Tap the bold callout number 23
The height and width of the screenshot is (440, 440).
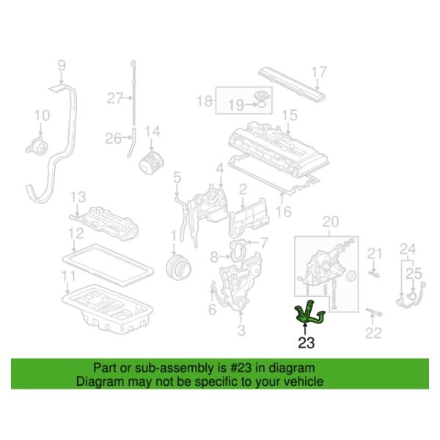coord(306,342)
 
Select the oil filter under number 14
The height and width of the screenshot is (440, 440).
coord(151,163)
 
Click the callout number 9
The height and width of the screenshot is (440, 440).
coord(62,66)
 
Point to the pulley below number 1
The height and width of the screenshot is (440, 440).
coord(178,267)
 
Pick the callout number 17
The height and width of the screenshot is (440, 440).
coord(319,72)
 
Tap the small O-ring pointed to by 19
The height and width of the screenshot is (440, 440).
coord(262,104)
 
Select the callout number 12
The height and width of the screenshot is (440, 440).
coord(76,233)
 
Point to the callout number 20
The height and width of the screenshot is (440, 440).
coord(331,221)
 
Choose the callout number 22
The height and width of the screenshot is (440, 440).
coord(373,333)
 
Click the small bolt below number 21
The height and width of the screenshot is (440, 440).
coord(373,273)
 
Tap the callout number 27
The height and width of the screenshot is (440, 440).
coord(115,98)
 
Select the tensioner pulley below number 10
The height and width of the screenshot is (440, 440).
coord(39,145)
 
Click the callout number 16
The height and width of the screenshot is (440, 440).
coord(283,211)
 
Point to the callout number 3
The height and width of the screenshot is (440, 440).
coord(241,330)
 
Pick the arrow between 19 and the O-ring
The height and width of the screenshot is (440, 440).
coord(250,105)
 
